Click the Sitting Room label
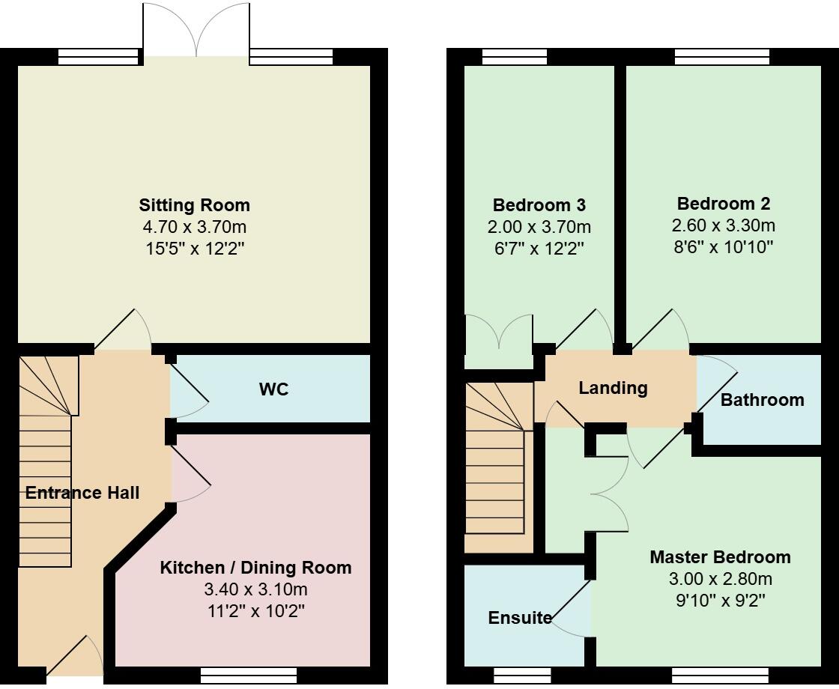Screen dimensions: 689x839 click(x=194, y=205)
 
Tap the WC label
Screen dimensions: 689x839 click(x=273, y=389)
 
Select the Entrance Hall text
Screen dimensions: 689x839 click(x=82, y=493)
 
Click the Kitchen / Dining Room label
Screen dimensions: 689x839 click(x=255, y=568)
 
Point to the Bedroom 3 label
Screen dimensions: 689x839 click(x=539, y=205)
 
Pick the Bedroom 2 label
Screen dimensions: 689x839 click(x=723, y=204)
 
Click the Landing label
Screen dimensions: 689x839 click(x=613, y=388)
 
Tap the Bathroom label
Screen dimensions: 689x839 click(x=762, y=400)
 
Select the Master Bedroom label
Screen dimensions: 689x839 click(x=720, y=557)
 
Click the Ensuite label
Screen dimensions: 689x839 click(x=520, y=618)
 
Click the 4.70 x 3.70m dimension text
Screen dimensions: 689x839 click(x=194, y=227)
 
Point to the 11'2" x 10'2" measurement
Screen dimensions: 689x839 click(x=255, y=611)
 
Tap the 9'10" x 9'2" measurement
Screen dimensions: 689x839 click(x=720, y=601)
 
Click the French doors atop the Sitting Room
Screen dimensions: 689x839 click(x=196, y=30)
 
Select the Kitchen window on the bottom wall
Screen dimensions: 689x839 click(x=249, y=676)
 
